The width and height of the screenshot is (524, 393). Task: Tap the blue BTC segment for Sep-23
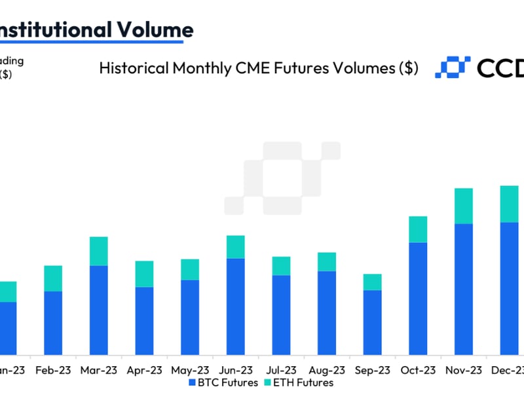click(372, 321)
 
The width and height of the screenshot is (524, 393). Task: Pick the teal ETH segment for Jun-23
click(235, 247)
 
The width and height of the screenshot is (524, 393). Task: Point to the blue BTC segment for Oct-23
click(418, 298)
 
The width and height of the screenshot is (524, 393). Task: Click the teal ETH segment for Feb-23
click(52, 278)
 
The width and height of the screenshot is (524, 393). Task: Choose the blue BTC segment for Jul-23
click(281, 314)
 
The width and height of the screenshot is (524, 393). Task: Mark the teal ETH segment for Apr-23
click(144, 274)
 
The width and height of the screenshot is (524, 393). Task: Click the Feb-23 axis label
click(53, 369)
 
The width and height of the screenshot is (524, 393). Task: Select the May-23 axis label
click(190, 369)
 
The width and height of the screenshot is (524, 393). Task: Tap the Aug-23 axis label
click(327, 369)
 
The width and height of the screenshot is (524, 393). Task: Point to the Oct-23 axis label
click(418, 369)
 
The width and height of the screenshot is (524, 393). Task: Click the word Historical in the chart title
click(131, 68)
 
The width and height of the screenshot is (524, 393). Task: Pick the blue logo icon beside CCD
click(453, 67)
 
